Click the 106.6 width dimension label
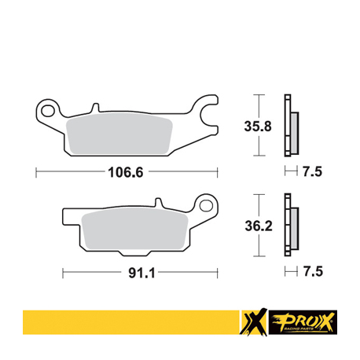126,172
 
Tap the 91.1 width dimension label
141,274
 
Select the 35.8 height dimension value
258,127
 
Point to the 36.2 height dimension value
259,226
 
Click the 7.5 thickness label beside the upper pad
312,172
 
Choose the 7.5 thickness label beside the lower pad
313,271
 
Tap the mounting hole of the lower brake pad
206,205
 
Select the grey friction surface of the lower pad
134,229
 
